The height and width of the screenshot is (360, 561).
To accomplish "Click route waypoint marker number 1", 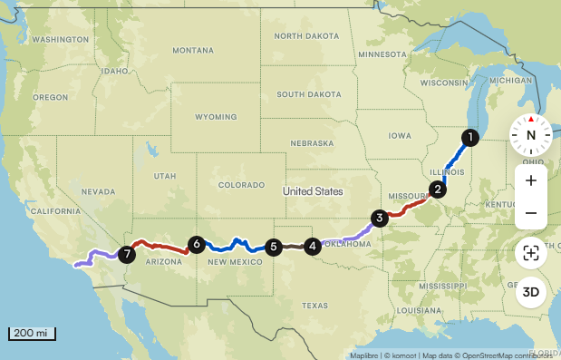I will click(x=469, y=138).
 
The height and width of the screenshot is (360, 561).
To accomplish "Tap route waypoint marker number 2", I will click(x=438, y=190).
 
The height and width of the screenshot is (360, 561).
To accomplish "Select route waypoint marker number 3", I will click(x=379, y=217).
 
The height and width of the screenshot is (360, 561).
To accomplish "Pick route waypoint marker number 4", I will click(x=312, y=245).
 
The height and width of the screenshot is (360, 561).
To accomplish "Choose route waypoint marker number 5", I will click(x=273, y=246).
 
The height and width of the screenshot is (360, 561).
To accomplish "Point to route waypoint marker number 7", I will click(x=127, y=255).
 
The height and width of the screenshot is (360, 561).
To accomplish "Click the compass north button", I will click(x=531, y=135).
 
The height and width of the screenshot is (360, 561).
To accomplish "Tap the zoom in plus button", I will click(x=531, y=180).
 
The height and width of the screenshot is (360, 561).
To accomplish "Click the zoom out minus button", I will click(x=531, y=213).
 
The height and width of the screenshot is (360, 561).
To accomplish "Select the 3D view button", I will click(x=531, y=292).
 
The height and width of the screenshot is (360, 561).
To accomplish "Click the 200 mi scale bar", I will click(x=32, y=333).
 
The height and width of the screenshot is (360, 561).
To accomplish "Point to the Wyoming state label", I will click(x=215, y=117).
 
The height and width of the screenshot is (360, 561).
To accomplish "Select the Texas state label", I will click(x=314, y=306).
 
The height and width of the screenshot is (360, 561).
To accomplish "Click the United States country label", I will click(x=313, y=191).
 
